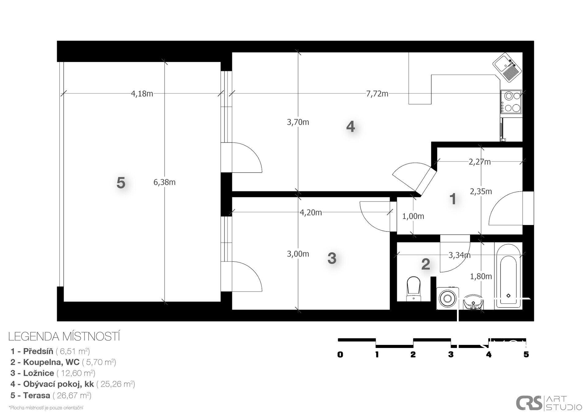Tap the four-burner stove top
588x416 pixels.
click(511, 102)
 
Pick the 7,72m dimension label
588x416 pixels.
click(377, 94)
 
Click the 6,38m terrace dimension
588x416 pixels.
click(164, 182)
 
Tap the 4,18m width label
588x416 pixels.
click(142, 94)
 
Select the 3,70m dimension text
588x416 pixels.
click(298, 122)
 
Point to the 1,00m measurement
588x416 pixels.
click(413, 216)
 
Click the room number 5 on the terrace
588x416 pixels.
click(121, 183)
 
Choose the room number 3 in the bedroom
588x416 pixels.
click(332, 258)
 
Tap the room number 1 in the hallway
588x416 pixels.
click(453, 199)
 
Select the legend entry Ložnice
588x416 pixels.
click(39, 373)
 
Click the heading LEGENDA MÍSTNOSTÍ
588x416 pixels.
click(64, 337)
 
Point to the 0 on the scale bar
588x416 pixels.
click(340, 355)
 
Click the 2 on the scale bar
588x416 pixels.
click(413, 355)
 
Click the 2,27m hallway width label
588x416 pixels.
click(480, 162)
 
